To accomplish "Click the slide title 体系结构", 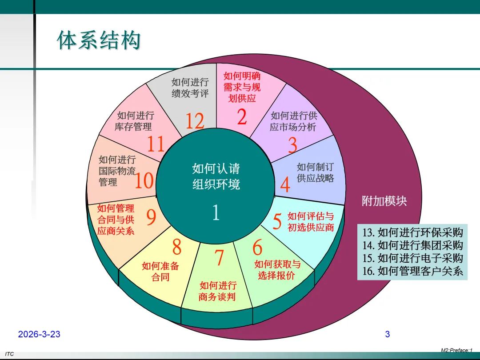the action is pos(99,40).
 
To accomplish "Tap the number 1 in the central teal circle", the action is pos(216,213).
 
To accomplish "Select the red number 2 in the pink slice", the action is pos(242,117).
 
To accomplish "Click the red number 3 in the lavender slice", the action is pos(292,145).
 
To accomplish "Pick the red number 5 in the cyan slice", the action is pos(277,222).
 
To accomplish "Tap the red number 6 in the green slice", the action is pos(257,248).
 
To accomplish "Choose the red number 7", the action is pos(219,258).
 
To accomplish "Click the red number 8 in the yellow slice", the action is pos(177,247).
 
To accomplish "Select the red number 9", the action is pos(151,218).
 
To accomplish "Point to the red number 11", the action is pos(156,144).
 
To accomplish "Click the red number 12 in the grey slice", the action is pos(195,121).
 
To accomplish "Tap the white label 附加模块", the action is pos(384,201).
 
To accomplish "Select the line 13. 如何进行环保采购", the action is pos(413,232).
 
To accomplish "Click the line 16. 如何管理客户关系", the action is pos(413,271).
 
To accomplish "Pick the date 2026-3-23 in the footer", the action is pos(39,334).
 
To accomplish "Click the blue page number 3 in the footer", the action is pos(387,334).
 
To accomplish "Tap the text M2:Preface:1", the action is pos(456,351).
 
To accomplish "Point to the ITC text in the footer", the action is pos(10,354).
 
